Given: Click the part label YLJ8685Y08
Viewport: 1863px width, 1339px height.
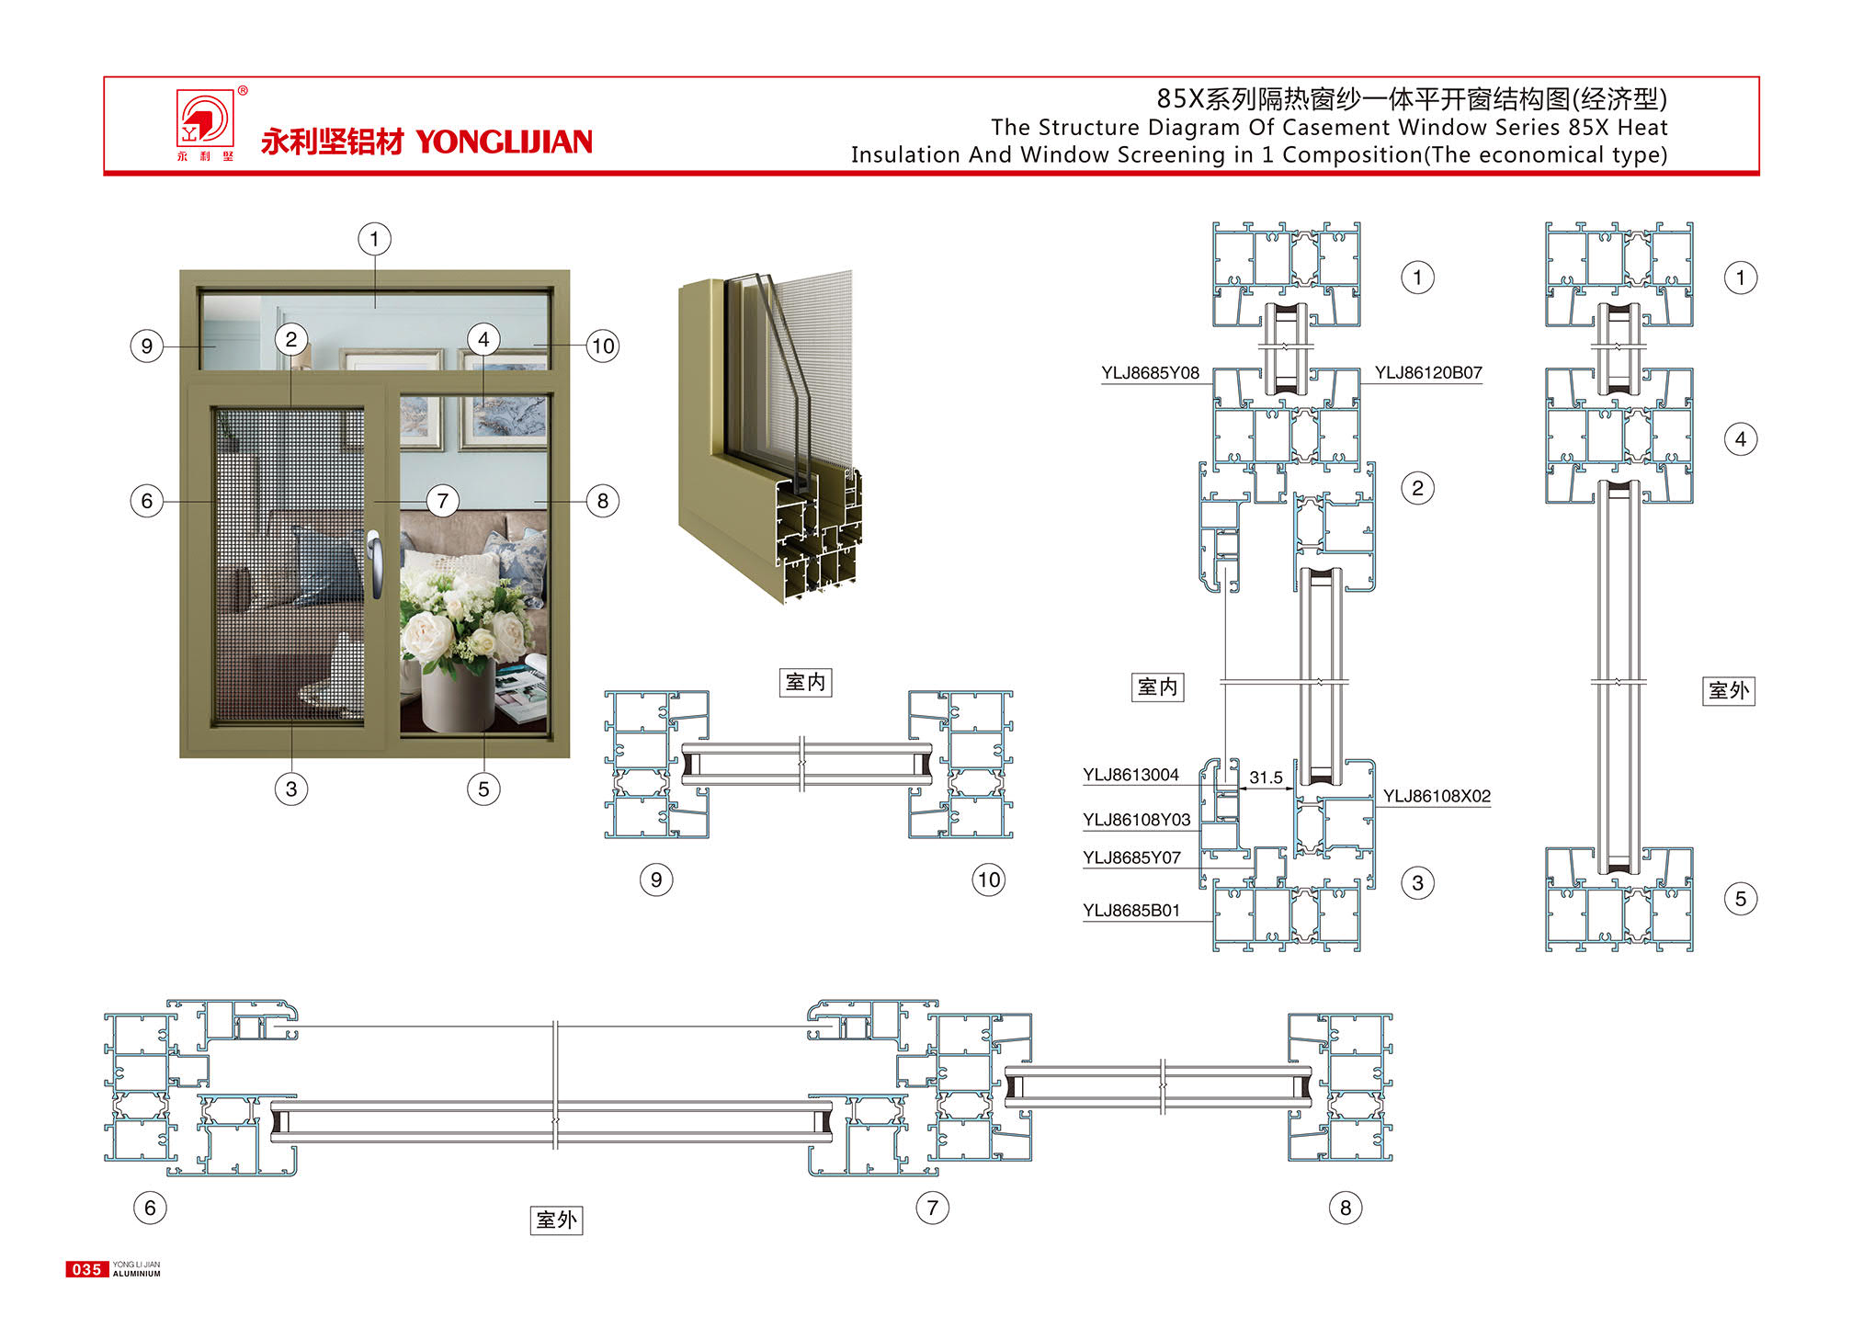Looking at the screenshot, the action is coord(1150,372).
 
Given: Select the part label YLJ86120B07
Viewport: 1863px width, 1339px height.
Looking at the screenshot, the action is coord(1428,372).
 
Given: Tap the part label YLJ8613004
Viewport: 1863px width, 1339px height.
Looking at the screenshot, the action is coord(1130,775).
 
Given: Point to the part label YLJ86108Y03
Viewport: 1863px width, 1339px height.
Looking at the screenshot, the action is coord(1136,820).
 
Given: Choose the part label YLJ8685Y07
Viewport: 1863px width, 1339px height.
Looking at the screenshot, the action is coord(1131,857).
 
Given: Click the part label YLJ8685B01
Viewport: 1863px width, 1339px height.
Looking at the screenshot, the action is coord(1130,911).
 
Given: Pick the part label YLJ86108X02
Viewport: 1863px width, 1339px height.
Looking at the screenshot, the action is coord(1437,796).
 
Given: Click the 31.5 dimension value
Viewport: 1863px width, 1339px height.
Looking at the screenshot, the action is coord(1266,777).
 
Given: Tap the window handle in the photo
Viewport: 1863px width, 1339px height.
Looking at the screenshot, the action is coord(375,562).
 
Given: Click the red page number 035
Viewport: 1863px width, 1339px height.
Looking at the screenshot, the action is coord(86,1269).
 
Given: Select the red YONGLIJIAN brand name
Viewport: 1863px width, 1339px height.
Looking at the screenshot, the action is coord(504,142).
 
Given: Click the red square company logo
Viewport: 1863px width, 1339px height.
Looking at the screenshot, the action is coord(205,118).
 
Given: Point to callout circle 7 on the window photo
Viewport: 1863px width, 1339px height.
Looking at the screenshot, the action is coord(443,501).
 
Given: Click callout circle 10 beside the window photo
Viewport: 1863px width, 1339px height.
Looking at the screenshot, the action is coord(603,346).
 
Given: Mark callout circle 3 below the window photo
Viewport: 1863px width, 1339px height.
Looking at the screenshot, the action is coord(291,789).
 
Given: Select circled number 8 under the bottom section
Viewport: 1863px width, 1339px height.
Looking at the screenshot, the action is coord(1346,1208).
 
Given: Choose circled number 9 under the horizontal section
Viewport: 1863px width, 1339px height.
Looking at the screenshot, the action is coord(656,879).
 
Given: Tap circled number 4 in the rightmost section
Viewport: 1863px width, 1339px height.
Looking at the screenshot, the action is coord(1741,439).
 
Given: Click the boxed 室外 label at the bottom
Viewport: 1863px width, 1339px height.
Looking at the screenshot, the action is coord(557,1220).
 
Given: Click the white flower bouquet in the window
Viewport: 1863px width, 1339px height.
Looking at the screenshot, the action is coord(464,616).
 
